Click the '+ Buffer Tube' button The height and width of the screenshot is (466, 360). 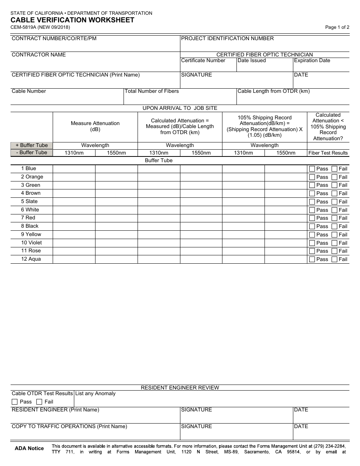32,145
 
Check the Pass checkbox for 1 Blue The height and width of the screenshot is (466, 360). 312,169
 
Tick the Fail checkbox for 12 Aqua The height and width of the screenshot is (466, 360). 334,260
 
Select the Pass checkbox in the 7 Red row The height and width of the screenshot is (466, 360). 312,218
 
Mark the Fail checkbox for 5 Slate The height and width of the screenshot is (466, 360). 334,202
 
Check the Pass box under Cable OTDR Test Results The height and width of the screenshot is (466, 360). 15,402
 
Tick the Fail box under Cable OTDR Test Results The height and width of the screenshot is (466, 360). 39,402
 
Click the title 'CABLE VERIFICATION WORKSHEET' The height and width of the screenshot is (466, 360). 72,20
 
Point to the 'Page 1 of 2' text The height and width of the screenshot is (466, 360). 337,27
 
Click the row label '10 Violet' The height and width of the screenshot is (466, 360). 31,243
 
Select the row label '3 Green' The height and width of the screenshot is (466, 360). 30,185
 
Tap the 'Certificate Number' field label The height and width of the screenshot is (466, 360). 203,61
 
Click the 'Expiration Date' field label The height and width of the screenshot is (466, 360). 312,61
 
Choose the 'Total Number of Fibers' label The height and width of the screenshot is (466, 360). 152,91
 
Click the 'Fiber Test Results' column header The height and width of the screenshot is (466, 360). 328,153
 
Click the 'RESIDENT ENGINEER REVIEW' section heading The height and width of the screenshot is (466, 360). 180,388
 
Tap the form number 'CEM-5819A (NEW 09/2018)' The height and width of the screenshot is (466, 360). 40,27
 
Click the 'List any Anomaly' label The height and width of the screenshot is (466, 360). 95,394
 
